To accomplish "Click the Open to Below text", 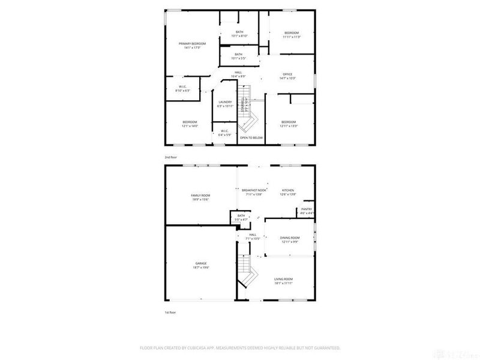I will tap(251, 137).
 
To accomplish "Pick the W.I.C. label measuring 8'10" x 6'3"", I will tap(182, 88).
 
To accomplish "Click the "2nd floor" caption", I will tap(171, 157).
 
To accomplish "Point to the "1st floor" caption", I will tap(170, 313).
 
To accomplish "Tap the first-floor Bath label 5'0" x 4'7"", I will tap(241, 218).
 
